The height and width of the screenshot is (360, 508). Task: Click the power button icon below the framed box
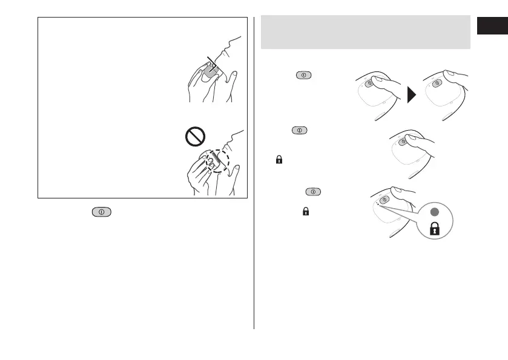click(x=101, y=212)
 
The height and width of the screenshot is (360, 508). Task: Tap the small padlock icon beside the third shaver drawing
click(x=279, y=160)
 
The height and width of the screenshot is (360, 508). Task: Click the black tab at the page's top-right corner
click(x=492, y=27)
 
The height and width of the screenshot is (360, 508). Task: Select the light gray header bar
click(x=365, y=33)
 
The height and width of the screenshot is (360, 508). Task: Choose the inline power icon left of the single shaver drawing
click(x=299, y=130)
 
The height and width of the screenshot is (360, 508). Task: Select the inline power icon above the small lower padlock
click(x=314, y=192)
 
